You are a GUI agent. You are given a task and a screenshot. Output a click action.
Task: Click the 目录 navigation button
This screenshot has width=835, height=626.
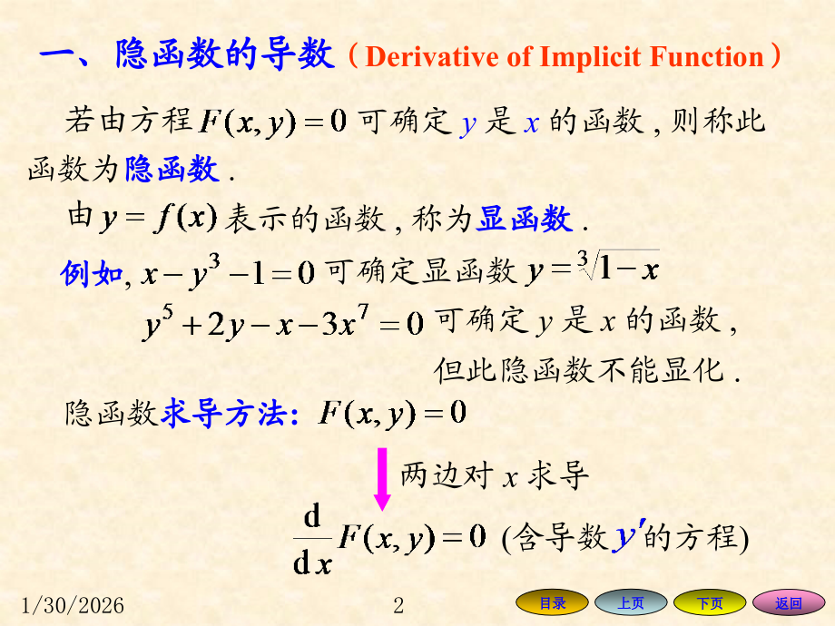tap(553, 603)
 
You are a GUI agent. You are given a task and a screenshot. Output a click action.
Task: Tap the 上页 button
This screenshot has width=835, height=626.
tap(631, 603)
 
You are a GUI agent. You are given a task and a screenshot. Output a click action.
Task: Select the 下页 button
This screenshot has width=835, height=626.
tap(709, 603)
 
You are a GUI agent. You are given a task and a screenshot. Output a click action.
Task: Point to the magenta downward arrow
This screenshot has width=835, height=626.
tap(382, 478)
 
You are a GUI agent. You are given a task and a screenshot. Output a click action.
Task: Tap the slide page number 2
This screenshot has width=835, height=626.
tap(398, 605)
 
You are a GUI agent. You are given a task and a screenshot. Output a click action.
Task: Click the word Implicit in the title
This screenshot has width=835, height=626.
tap(590, 58)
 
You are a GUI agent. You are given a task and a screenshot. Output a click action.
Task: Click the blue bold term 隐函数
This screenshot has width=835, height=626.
tap(172, 169)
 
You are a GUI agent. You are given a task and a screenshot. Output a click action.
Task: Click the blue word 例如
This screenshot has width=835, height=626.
tap(91, 272)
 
